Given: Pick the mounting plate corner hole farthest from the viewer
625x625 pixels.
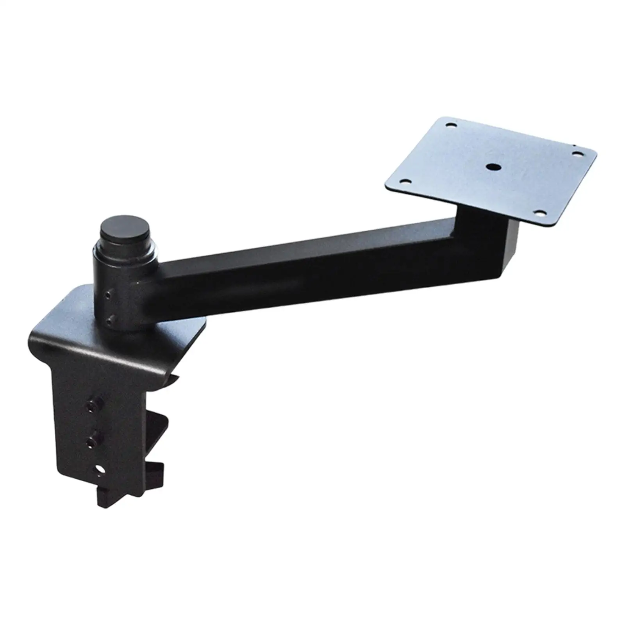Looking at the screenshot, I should (452, 125).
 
